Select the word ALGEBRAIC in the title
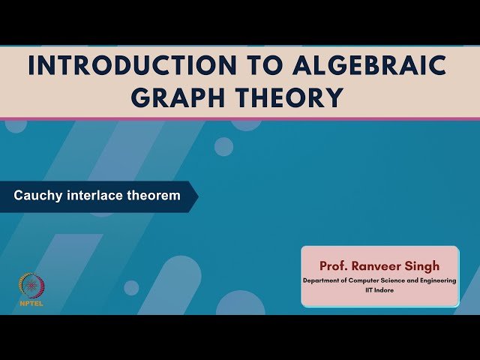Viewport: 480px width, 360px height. pyautogui.click(x=352, y=66)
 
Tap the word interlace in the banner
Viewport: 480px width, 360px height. pyautogui.click(x=91, y=196)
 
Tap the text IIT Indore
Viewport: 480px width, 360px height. pyautogui.click(x=379, y=289)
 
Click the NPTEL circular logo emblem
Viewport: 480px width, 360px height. pyautogui.click(x=31, y=286)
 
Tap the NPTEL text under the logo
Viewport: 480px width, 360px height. pyautogui.click(x=31, y=304)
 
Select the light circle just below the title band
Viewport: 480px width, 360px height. pyautogui.click(x=223, y=146)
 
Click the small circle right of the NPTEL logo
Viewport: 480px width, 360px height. pyautogui.click(x=131, y=287)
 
